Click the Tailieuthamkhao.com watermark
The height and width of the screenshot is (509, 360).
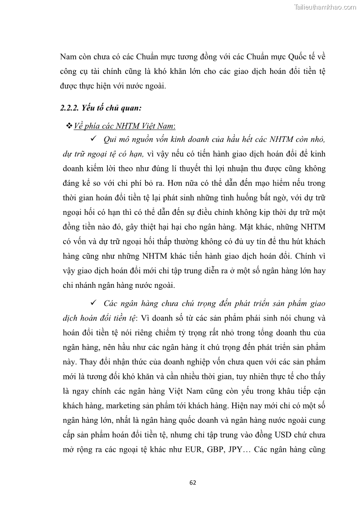coord(325,7)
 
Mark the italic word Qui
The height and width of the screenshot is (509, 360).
coord(111,139)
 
